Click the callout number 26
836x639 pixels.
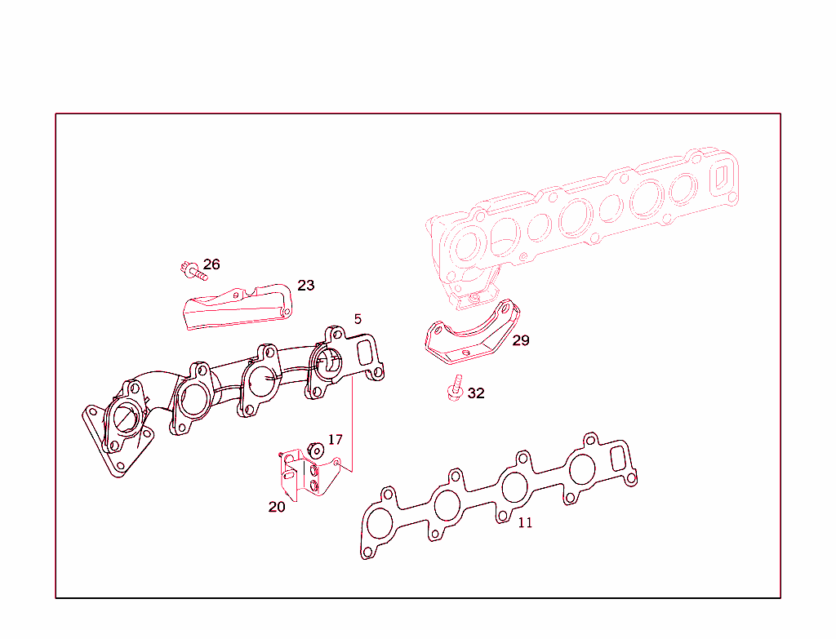(x=211, y=264)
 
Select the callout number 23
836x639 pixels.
(x=305, y=286)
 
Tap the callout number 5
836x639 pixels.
(x=358, y=318)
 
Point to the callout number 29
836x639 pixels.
(x=521, y=340)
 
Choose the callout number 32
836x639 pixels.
(x=476, y=393)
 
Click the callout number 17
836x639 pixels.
(x=336, y=440)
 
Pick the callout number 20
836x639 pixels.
(x=277, y=507)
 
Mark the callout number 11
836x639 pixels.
(x=525, y=522)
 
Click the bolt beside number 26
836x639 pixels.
(x=192, y=269)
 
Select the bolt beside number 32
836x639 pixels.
(x=456, y=389)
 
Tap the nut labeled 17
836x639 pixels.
(x=314, y=450)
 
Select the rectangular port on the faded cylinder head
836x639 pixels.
(x=722, y=177)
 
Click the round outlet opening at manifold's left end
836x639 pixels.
(x=125, y=419)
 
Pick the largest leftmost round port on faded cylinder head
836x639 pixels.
(x=468, y=246)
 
